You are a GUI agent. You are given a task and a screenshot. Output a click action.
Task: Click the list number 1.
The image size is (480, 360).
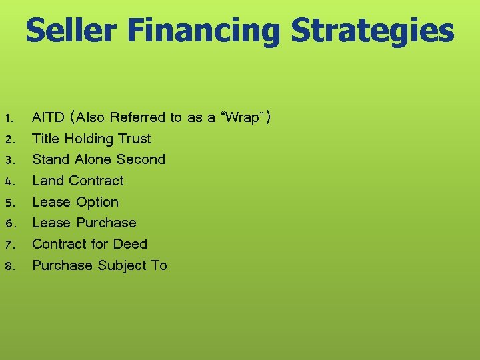pos(9,119)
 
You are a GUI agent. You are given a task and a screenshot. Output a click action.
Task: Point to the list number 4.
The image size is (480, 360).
pos(9,181)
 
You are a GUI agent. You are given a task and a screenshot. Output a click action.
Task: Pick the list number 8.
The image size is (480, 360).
pos(9,266)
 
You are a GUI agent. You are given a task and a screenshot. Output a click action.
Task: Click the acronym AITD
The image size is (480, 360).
pos(49,118)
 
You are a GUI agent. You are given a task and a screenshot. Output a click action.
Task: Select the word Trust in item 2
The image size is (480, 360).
pos(135,139)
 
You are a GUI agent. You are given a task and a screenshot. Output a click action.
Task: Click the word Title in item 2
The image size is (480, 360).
pos(46,139)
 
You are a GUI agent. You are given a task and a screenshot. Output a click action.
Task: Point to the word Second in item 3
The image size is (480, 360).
pos(141,159)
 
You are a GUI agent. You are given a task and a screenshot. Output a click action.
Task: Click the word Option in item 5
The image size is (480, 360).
pos(97,202)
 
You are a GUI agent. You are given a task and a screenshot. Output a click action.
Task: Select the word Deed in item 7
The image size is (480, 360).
pos(131,244)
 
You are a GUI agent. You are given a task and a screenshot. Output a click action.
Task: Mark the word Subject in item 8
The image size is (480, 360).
pos(122,265)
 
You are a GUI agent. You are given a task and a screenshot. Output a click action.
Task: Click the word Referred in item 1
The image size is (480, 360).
pos(137,118)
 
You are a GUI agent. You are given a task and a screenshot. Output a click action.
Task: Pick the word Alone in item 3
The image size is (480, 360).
pos(93,159)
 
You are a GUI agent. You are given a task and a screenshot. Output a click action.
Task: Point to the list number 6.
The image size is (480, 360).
pos(9,223)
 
